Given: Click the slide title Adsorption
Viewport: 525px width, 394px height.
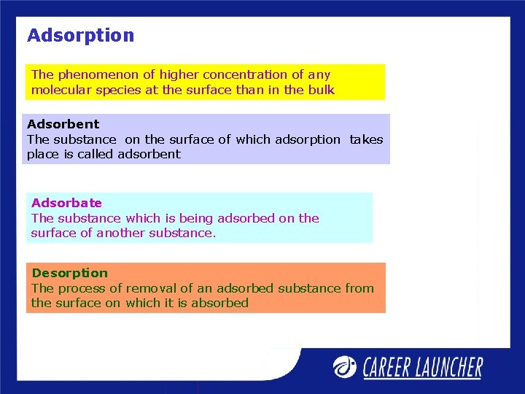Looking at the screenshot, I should (x=80, y=35).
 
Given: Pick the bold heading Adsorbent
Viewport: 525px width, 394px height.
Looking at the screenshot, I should (x=63, y=124).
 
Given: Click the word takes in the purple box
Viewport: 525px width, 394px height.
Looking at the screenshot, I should (x=366, y=139).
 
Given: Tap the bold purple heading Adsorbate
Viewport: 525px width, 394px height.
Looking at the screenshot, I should (x=66, y=203).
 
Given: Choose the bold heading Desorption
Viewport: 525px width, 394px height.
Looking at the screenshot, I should (x=69, y=273).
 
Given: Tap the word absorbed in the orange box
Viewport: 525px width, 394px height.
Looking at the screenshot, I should (x=219, y=303).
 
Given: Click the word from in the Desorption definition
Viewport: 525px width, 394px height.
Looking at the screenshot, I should (x=359, y=288).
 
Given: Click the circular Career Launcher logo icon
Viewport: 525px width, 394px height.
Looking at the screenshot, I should (x=345, y=366).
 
